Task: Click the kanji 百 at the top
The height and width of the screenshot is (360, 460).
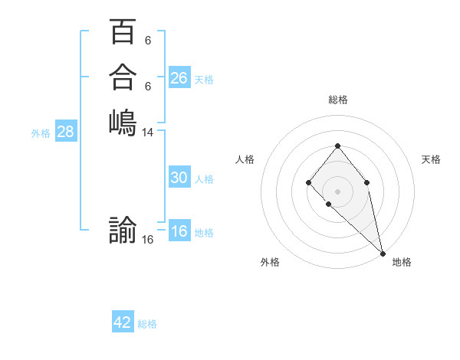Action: point(123,33)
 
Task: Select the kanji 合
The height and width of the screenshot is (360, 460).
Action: point(123,77)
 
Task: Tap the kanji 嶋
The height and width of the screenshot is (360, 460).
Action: point(123,122)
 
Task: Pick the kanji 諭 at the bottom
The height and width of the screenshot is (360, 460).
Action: point(123,230)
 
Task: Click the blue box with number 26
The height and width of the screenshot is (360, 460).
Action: point(179,78)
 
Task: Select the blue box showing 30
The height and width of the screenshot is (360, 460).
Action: point(179,178)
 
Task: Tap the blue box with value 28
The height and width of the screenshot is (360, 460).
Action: point(66,132)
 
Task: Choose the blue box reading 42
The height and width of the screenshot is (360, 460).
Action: point(123,322)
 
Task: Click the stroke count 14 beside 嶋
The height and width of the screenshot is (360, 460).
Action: point(148,133)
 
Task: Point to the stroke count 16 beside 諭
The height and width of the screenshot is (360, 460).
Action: point(148,240)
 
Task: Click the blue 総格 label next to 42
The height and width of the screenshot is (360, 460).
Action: point(147,324)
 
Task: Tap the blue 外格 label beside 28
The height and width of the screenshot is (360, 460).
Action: point(41,133)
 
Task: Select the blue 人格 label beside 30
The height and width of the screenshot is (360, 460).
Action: point(204,179)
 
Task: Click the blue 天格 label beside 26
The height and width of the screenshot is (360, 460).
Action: point(204,80)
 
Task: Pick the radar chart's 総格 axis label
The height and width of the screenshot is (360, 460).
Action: point(338,100)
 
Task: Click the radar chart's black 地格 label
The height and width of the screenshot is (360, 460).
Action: point(402,262)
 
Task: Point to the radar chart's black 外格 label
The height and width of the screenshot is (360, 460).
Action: point(270,262)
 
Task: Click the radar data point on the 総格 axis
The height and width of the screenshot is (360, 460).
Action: point(338,145)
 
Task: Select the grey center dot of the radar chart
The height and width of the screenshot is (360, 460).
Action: point(338,191)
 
